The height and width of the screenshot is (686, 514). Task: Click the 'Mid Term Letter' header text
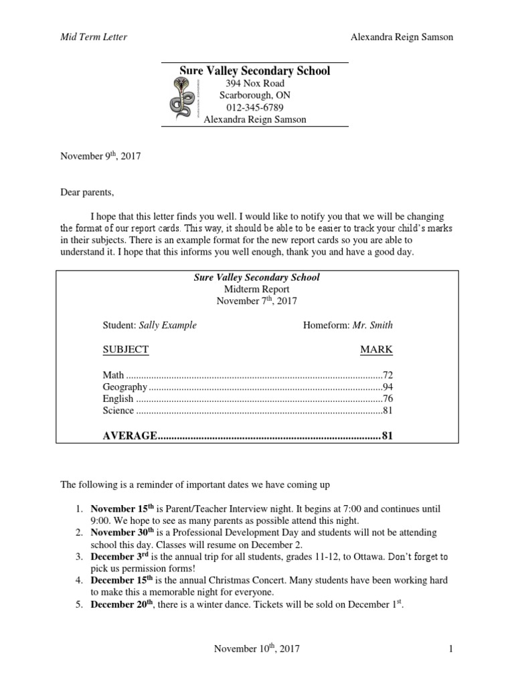(x=94, y=38)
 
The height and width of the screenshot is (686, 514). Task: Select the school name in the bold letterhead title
(x=254, y=70)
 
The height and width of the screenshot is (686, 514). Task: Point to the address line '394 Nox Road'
(x=254, y=83)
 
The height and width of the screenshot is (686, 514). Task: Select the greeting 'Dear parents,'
(x=88, y=193)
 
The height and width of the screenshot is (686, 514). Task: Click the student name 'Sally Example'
(x=168, y=325)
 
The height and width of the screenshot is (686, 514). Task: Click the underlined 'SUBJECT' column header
(x=125, y=349)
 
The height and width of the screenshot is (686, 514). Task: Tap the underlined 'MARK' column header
(x=376, y=349)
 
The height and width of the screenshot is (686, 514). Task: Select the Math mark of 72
(x=387, y=374)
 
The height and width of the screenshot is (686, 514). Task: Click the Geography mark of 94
(x=387, y=387)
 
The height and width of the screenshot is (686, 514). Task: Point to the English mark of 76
(x=387, y=399)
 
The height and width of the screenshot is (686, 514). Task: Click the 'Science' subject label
(x=118, y=411)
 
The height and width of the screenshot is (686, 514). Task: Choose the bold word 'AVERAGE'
(x=128, y=436)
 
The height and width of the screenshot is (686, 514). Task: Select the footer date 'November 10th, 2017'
(x=256, y=648)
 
